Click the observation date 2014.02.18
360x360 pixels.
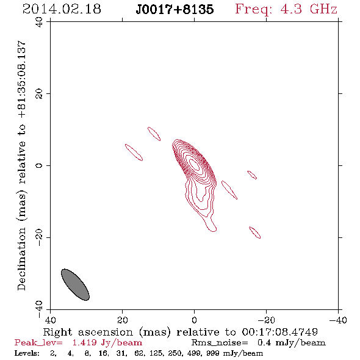click(x=62, y=9)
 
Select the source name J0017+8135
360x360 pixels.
click(x=175, y=9)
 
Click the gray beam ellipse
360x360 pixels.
click(x=75, y=285)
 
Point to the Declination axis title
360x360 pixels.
click(x=21, y=165)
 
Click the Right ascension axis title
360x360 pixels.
click(x=181, y=332)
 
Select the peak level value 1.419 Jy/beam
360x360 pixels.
click(x=107, y=343)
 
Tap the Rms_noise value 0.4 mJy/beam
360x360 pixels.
click(x=291, y=343)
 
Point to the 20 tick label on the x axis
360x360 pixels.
click(x=123, y=320)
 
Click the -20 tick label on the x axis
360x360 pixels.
click(x=266, y=320)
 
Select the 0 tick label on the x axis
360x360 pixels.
click(x=195, y=320)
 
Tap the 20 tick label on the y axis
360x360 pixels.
click(x=39, y=94)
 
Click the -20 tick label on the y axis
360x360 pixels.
click(x=39, y=237)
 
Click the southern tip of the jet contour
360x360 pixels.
click(x=213, y=231)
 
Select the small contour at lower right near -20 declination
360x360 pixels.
click(x=254, y=232)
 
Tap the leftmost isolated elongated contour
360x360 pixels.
click(x=134, y=153)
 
